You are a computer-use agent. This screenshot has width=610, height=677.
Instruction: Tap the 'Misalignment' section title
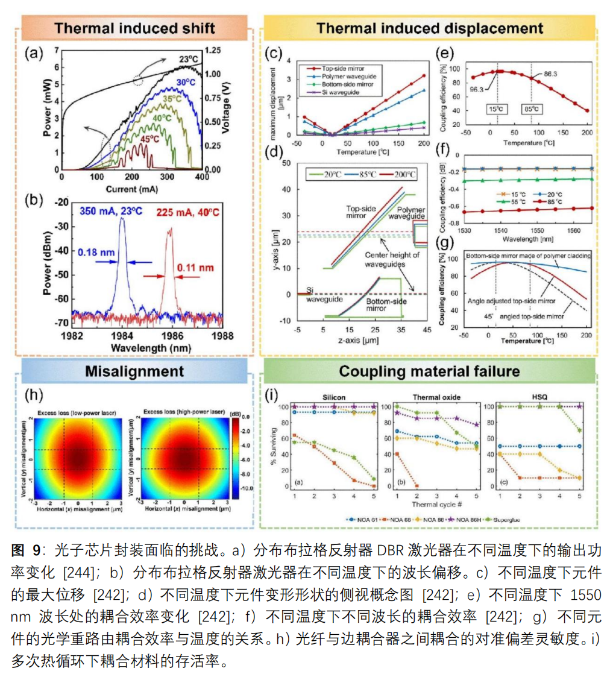click(134, 371)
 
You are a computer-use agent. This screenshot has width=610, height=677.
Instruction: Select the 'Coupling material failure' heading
click(429, 371)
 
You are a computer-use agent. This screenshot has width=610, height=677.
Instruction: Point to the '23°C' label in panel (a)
click(188, 59)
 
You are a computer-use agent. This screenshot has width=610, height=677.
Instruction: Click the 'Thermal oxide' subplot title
click(429, 398)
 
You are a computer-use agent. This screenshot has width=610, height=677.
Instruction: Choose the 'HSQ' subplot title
click(542, 398)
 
